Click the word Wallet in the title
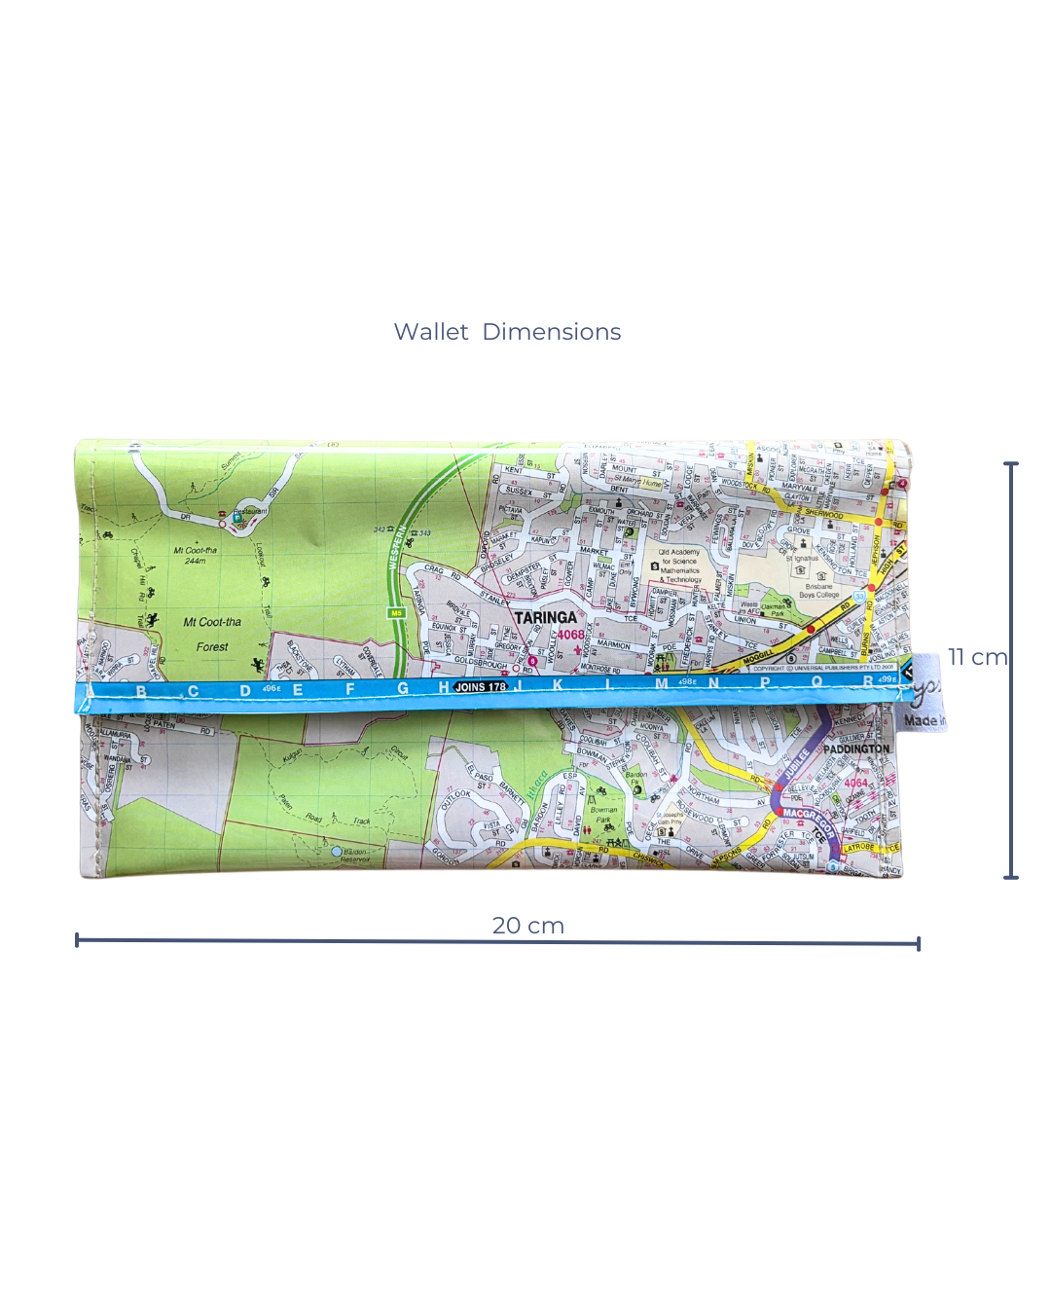click(x=430, y=332)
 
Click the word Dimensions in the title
click(x=551, y=332)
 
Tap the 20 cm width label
click(x=527, y=926)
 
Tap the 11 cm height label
click(x=977, y=657)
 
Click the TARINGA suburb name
click(x=545, y=617)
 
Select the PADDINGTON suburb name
click(x=856, y=749)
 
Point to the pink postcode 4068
click(x=570, y=635)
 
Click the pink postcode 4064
click(x=855, y=783)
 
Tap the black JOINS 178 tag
click(x=481, y=687)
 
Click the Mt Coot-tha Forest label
click(x=212, y=634)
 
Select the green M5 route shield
click(x=396, y=613)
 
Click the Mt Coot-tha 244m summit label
click(x=196, y=555)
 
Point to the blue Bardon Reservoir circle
click(x=337, y=852)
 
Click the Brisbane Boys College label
click(x=819, y=591)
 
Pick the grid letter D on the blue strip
click(x=245, y=691)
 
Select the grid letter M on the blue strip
click(x=662, y=684)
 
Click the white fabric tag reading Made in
click(x=922, y=720)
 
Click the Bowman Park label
click(x=603, y=815)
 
